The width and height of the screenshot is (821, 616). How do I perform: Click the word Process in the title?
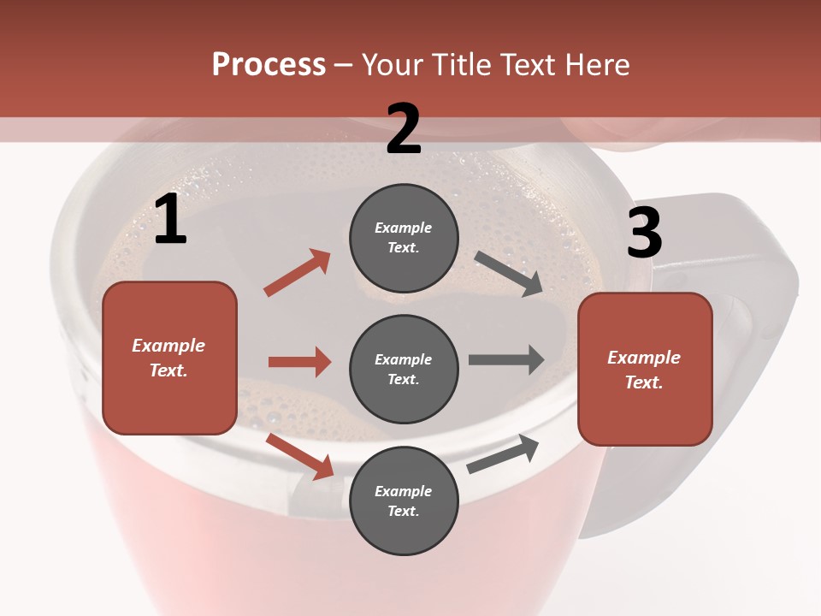(269, 65)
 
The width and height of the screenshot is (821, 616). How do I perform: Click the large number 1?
(170, 220)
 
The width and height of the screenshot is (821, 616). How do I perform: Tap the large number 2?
(404, 129)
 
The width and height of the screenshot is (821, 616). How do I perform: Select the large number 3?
(644, 233)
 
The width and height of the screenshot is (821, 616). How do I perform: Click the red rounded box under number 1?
(169, 358)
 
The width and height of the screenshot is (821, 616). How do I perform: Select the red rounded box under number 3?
(645, 369)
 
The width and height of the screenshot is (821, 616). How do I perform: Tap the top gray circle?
(404, 238)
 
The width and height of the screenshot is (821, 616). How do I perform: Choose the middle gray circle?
(404, 369)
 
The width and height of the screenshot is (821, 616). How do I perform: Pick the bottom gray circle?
(404, 500)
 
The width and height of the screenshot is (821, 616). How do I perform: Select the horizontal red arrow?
(299, 362)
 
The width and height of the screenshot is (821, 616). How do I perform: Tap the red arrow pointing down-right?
(299, 456)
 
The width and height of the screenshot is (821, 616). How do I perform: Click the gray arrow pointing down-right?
(509, 274)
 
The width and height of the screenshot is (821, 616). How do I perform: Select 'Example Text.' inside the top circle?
(404, 238)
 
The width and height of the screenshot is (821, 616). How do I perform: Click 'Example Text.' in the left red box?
(168, 358)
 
